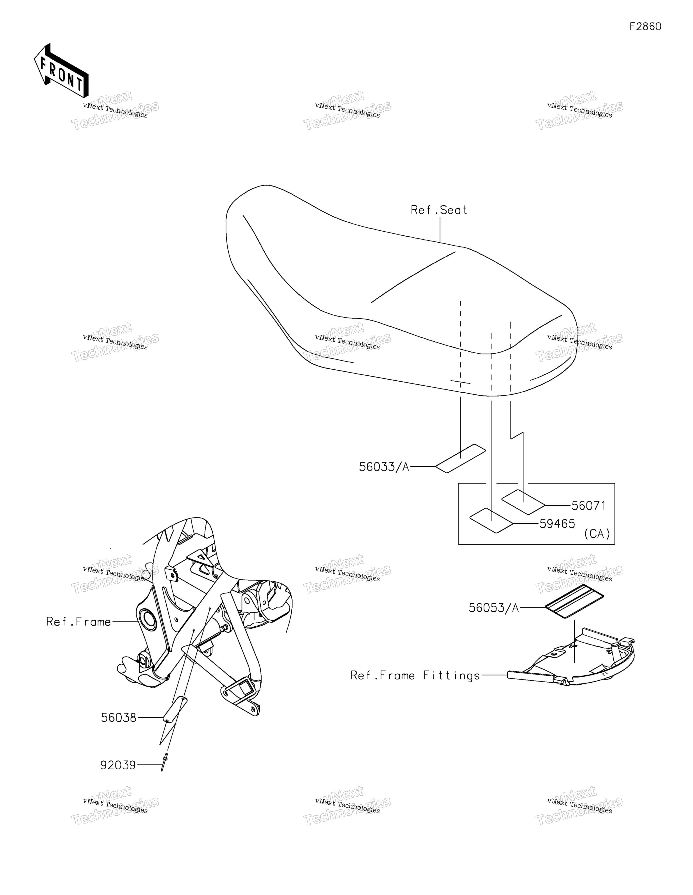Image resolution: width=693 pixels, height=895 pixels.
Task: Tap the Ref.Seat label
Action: (439, 210)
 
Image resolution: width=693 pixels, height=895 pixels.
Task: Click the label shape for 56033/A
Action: (460, 458)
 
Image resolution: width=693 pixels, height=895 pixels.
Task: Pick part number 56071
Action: (588, 506)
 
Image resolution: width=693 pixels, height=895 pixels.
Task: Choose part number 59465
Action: (557, 524)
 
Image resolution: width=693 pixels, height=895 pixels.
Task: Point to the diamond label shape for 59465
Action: (491, 520)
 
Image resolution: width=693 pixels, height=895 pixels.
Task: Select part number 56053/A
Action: (494, 608)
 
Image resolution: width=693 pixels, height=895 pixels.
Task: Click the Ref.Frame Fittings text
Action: (415, 675)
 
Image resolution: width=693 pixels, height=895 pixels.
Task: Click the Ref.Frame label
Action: (78, 622)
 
